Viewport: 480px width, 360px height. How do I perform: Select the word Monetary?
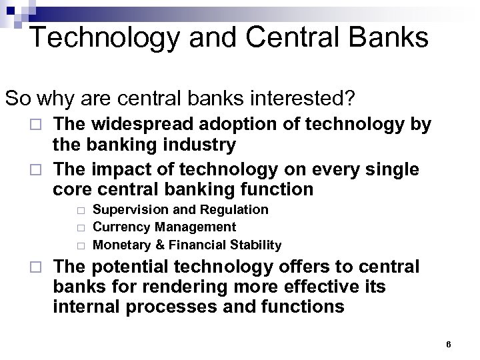121,245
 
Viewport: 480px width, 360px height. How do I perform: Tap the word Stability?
255,245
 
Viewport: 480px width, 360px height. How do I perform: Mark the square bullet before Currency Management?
81,228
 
